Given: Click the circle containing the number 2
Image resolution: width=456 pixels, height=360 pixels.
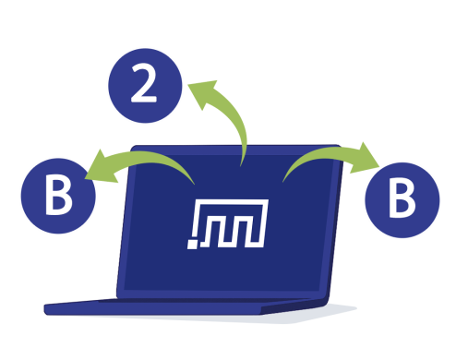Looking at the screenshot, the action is (x=145, y=84).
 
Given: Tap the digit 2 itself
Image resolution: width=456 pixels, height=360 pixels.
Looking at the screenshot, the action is (x=145, y=84).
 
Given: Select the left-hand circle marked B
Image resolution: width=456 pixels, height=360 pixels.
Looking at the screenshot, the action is (x=58, y=197).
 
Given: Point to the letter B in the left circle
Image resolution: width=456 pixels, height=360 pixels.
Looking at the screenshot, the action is (x=58, y=198).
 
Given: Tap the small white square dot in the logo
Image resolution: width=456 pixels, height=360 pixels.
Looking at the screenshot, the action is (x=193, y=245).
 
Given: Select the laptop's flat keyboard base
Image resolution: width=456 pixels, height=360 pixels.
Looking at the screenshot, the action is (x=185, y=306).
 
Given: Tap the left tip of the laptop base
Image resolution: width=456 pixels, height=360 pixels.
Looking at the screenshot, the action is (x=46, y=306).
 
